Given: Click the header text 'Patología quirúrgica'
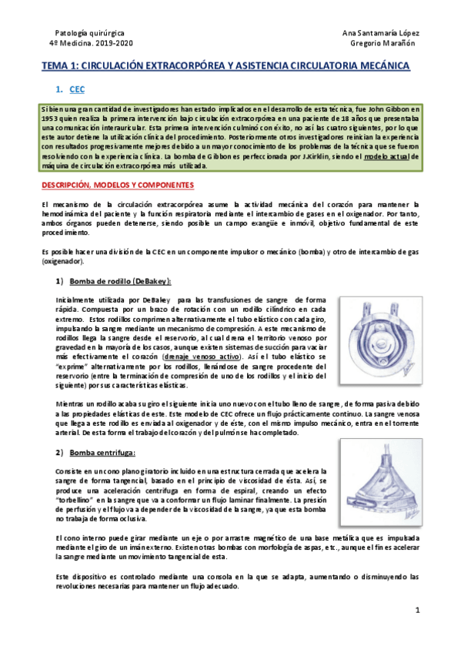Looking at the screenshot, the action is [84, 32].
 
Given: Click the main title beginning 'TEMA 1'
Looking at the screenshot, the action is [225, 67].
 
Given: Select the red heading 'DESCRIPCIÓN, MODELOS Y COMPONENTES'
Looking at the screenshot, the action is [118, 186].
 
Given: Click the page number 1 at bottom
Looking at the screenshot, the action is [416, 610].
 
